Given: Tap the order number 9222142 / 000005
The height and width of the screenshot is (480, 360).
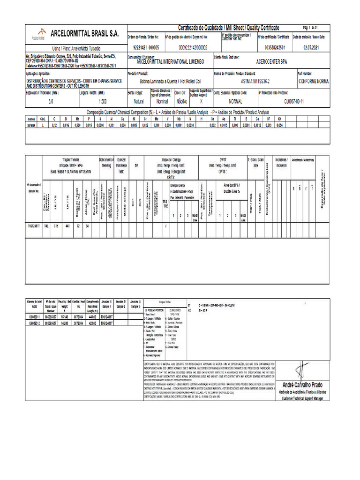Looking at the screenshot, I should tap(146, 47).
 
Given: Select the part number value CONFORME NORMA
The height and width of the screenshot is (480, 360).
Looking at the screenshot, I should tap(314, 81).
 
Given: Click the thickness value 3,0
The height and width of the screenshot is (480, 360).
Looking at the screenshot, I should tap(51, 101).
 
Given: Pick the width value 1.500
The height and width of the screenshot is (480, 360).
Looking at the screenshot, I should tap(103, 101).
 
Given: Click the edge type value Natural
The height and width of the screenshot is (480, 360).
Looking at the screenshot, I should tap(139, 101).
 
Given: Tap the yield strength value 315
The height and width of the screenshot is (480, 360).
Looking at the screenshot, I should tap(56, 226).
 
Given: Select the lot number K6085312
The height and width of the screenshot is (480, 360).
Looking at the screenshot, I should tap(36, 323).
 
